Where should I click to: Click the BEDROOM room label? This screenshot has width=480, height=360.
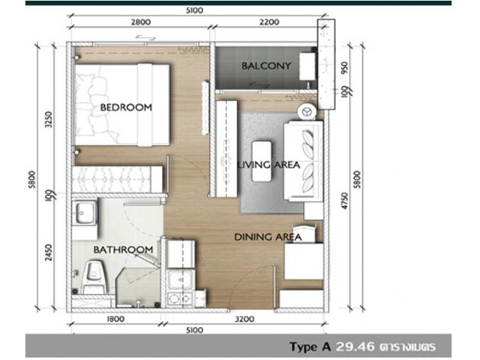click(126, 107)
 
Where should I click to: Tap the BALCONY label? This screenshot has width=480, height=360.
click(266, 66)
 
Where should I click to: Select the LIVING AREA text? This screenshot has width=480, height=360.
click(268, 165)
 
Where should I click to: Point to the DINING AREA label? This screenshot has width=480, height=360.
click(268, 237)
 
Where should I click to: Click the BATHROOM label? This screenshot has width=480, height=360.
click(123, 250)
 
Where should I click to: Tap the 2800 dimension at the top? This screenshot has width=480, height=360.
click(141, 22)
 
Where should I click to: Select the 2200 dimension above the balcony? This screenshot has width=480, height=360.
click(269, 22)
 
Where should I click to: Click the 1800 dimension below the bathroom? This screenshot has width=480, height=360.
click(115, 319)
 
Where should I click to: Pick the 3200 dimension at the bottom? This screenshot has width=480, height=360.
click(244, 319)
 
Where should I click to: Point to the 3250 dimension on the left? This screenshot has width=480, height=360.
click(49, 119)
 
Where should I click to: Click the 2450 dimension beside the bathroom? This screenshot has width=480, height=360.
click(49, 253)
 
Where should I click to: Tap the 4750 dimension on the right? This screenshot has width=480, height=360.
click(345, 201)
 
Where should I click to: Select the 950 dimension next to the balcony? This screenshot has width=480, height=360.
click(345, 68)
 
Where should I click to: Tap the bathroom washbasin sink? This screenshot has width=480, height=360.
click(85, 213)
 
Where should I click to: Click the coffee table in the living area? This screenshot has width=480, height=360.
click(262, 161)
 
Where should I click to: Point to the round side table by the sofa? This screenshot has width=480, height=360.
click(307, 111)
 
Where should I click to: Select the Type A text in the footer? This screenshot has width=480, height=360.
click(310, 346)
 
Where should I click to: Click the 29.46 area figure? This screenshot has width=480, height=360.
click(355, 346)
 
